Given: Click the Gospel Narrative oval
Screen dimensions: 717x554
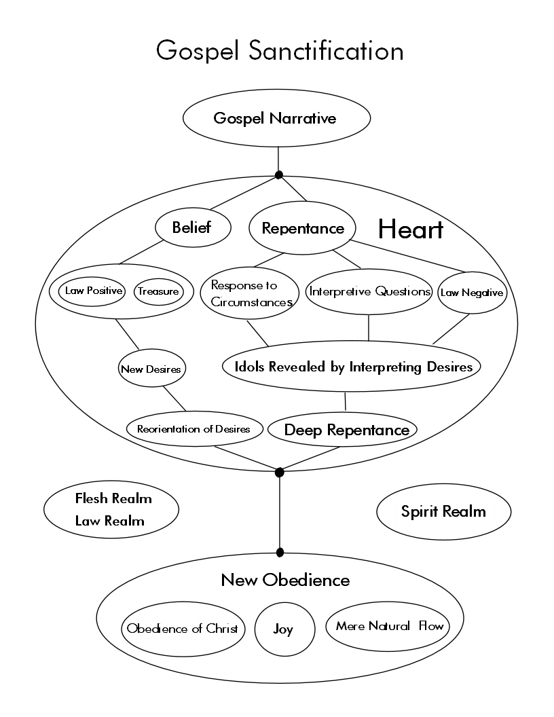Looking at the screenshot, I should [276, 118].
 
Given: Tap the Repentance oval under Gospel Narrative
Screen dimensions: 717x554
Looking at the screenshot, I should [302, 228].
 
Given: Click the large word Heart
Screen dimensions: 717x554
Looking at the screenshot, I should [410, 229].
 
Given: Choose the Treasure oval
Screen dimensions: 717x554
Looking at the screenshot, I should [158, 292].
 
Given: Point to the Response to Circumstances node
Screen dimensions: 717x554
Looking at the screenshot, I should [250, 293].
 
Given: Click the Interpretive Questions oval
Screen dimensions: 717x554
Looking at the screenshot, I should [370, 292].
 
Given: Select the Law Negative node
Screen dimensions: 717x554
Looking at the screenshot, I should [472, 293].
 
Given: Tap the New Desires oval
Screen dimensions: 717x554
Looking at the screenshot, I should [151, 369].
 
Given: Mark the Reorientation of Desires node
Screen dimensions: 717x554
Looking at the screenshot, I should [193, 429].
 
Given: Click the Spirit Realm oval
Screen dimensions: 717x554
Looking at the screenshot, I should [443, 512].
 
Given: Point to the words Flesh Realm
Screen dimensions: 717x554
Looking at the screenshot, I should [113, 499].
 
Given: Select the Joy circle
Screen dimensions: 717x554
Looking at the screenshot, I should [283, 629].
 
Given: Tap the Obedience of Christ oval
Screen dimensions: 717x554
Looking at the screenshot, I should [183, 629].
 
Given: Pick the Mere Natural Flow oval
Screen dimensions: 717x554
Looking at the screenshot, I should [389, 626].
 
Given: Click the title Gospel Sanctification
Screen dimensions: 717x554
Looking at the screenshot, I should [280, 51].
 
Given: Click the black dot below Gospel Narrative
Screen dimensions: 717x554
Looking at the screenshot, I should [278, 175].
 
